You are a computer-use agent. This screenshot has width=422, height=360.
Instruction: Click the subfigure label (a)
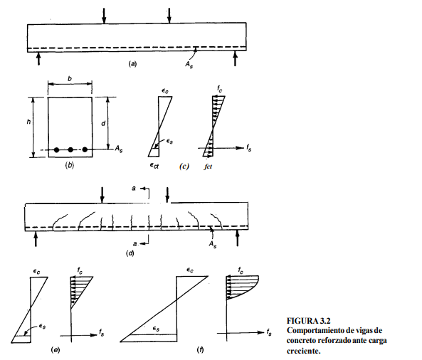click(132, 64)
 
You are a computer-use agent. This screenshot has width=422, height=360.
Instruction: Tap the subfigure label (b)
click(70, 165)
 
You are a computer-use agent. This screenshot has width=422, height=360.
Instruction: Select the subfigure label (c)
click(184, 166)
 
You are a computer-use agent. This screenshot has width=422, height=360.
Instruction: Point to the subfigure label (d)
click(130, 253)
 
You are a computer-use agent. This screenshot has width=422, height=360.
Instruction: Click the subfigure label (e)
click(56, 350)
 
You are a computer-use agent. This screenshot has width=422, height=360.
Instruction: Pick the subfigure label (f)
click(200, 350)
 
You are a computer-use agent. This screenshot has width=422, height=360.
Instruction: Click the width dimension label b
click(70, 79)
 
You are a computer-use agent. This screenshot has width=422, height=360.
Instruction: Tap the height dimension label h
click(28, 122)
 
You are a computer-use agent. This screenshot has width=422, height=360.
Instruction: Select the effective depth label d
click(103, 124)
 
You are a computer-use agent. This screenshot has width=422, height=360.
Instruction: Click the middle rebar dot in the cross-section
click(70, 150)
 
